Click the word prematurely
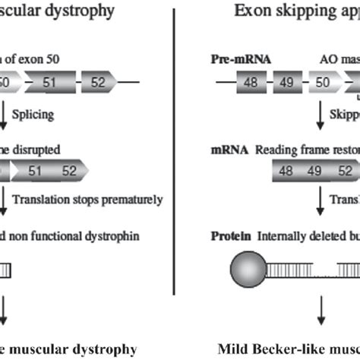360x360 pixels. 134,201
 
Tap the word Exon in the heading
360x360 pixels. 251,11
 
